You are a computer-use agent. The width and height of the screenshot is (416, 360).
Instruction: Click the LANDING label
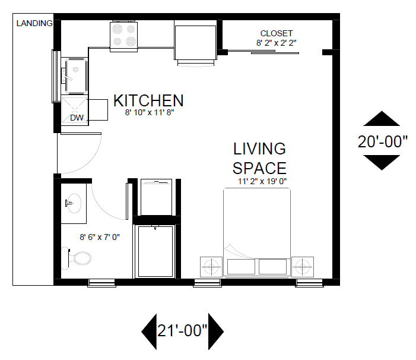[34, 23]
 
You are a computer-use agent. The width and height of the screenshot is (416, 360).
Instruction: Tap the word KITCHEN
[148, 100]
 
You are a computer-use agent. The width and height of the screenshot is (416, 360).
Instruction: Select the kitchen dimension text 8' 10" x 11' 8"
[150, 112]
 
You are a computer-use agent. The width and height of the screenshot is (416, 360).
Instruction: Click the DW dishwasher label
[77, 118]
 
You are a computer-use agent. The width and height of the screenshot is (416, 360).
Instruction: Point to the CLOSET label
[277, 33]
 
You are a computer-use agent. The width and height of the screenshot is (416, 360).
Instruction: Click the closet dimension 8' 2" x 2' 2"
[276, 43]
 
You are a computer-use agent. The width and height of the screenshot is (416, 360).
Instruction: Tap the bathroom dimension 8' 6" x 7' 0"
[100, 237]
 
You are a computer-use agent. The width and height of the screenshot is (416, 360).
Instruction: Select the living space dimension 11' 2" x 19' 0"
[262, 181]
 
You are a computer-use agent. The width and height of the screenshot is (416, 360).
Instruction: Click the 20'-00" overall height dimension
[382, 141]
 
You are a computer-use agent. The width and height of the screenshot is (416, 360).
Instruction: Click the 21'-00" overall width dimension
[182, 331]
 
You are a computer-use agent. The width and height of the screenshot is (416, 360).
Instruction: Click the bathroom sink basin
[74, 203]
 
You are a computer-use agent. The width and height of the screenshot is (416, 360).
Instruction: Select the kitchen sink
[77, 76]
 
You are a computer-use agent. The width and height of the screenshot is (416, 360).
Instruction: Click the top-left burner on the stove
[118, 29]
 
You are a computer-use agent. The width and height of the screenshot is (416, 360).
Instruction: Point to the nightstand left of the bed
[211, 267]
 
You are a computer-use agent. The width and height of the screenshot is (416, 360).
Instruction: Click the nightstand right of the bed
[303, 267]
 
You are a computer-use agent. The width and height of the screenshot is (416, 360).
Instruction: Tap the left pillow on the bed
[241, 267]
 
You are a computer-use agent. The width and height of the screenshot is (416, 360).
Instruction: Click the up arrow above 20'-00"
[382, 118]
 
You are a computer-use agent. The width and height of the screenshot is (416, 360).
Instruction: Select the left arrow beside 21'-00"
[149, 331]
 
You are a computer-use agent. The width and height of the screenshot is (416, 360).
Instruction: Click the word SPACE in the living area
[259, 168]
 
